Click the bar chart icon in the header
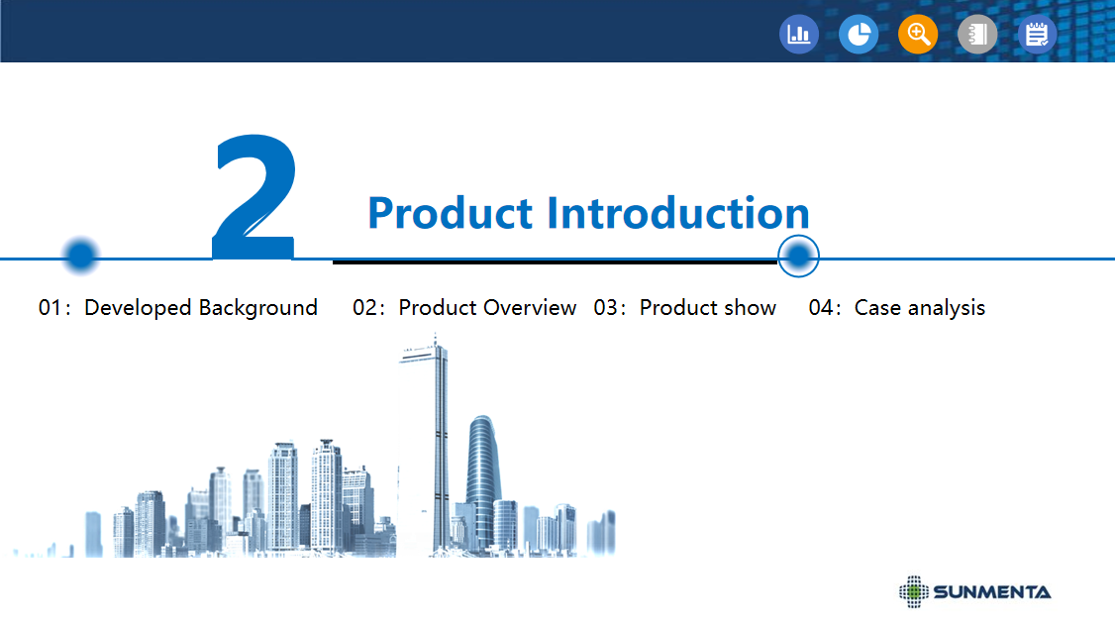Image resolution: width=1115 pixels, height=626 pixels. coord(798,34)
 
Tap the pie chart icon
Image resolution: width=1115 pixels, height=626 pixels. coord(859,34)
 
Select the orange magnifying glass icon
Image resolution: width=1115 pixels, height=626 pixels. coord(918,34)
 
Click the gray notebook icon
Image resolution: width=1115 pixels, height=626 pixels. coord(977,34)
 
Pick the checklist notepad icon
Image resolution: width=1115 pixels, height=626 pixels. coord(1037,34)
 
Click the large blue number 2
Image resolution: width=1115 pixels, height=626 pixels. coord(253,197)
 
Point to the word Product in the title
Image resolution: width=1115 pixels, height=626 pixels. coord(451,213)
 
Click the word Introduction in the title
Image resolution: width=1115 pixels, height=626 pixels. coord(678,213)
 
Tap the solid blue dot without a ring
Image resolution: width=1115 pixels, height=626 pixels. coord(80,256)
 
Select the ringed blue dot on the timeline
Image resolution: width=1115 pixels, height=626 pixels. coord(798,257)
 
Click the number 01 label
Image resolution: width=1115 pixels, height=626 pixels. coord(51,308)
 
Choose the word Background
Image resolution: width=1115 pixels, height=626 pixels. coord(258,309)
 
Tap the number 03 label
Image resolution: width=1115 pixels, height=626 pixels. coord(606,308)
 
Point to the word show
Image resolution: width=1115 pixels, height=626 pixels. coord(751,308)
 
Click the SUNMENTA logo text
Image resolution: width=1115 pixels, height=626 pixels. coord(992,592)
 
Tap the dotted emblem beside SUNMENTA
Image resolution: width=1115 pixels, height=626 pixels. coord(914,592)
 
